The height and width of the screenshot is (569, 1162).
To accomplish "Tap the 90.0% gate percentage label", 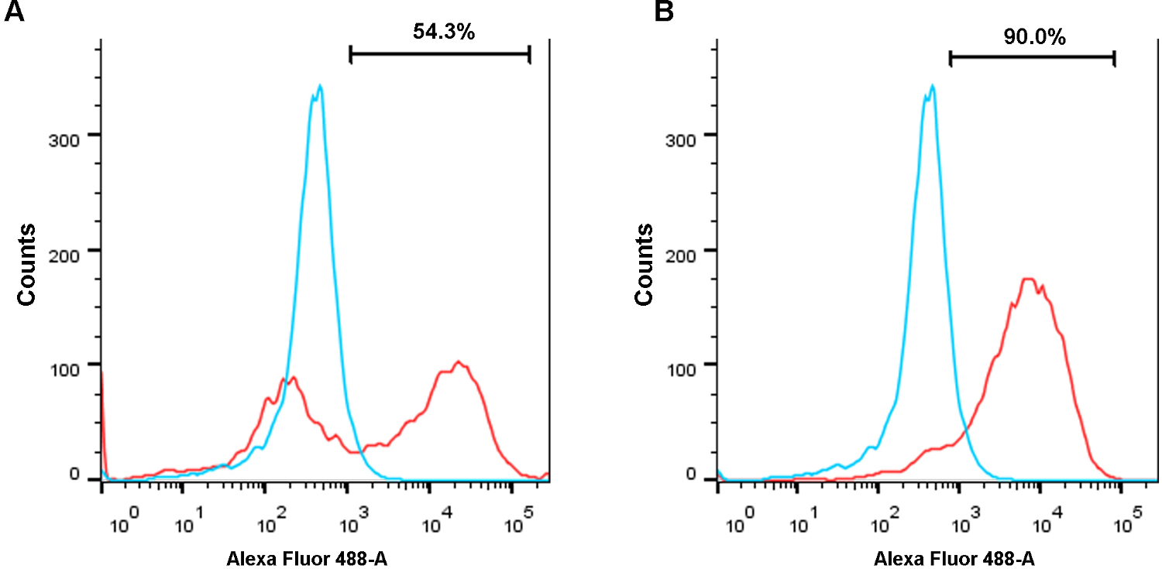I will point(1034,36).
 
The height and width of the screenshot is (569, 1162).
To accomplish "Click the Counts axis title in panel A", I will point(27,265).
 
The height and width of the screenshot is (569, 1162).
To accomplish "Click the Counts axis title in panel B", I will point(644,265).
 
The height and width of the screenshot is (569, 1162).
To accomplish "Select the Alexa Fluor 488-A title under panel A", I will point(307,557).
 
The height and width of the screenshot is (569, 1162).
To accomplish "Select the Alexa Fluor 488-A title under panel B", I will point(954,557).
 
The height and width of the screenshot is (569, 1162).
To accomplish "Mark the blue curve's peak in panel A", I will point(319,86).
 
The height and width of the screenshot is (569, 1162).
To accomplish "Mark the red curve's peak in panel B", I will point(1029,279).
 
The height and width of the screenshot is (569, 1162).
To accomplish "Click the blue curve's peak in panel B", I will point(933,86).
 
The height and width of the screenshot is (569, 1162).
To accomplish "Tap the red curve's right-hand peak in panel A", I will point(458,362).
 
